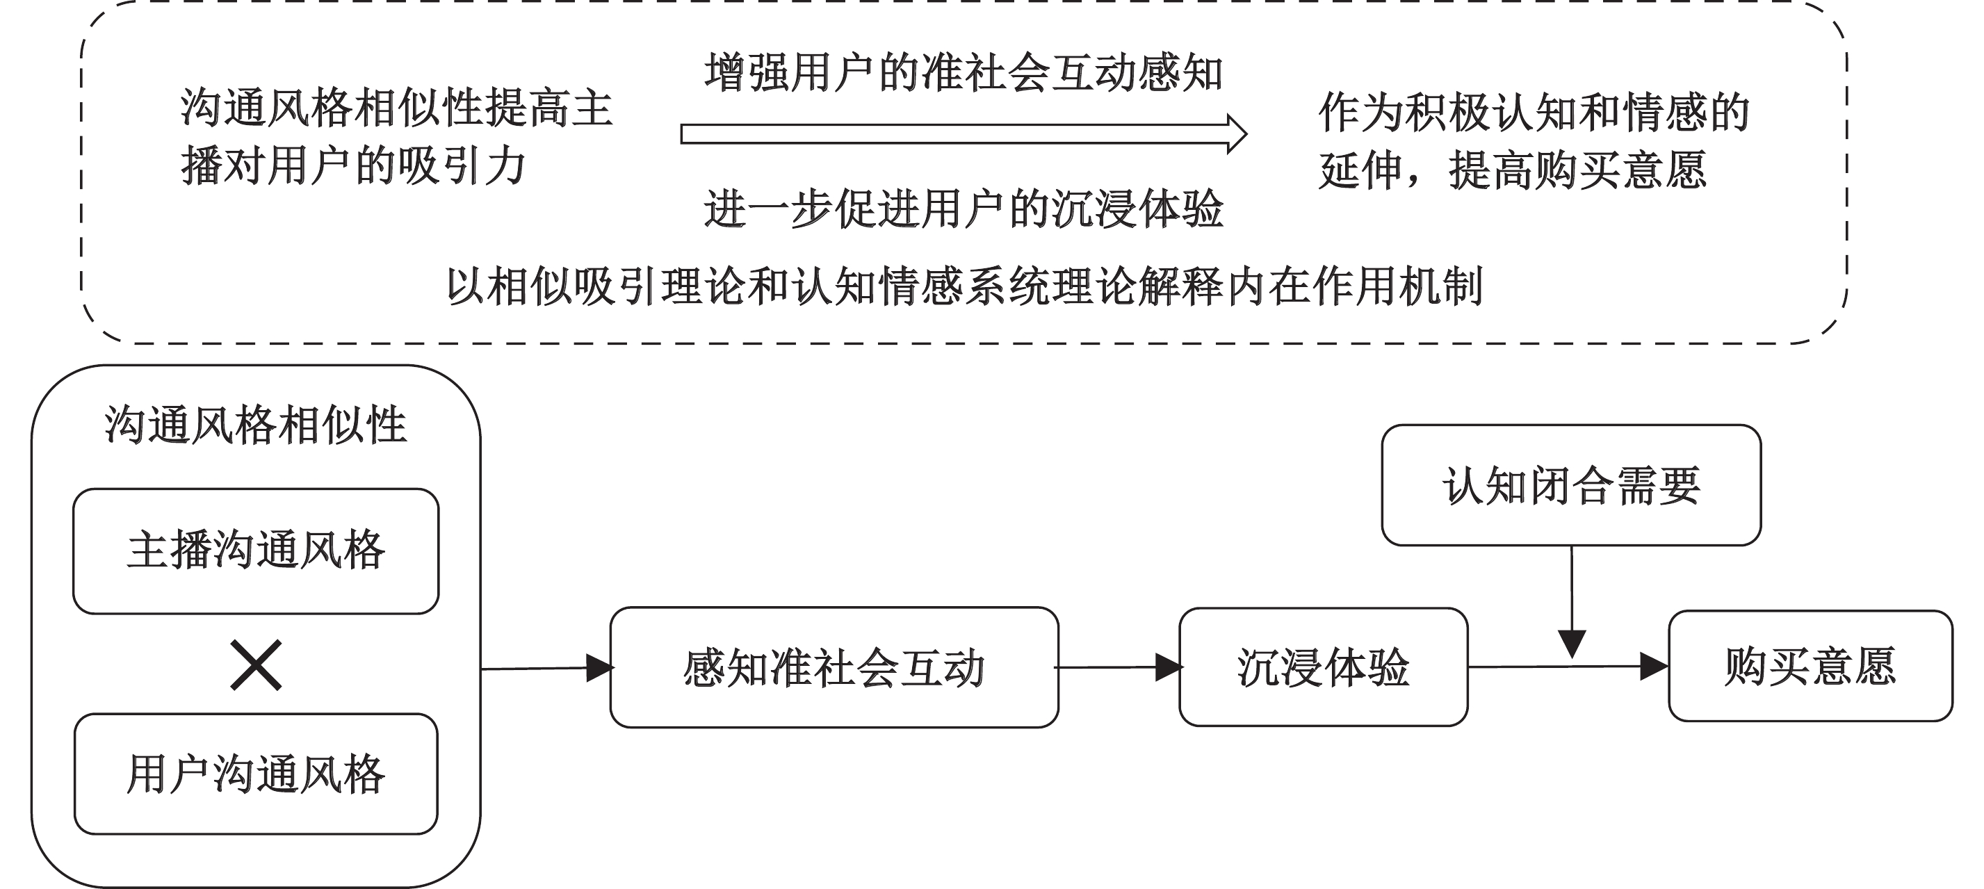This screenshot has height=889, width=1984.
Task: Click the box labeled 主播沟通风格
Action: point(256,550)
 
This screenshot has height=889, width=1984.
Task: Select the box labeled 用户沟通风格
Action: point(256,774)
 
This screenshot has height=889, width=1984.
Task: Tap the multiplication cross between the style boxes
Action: point(256,664)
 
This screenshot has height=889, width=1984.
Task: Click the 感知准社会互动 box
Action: point(834,667)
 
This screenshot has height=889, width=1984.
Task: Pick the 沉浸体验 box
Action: point(1323,667)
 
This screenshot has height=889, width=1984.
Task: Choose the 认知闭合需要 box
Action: point(1571,485)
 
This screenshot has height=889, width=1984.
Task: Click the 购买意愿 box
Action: point(1810,667)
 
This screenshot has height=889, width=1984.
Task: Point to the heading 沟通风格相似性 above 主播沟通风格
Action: point(256,425)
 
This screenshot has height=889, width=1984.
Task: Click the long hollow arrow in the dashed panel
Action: point(963,134)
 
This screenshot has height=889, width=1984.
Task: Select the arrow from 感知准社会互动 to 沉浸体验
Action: point(1119,667)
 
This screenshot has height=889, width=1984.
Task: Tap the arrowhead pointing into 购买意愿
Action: point(1654,667)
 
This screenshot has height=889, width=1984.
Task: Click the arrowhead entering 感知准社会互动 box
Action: point(600,668)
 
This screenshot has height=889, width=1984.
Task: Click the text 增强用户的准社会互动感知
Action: point(963,73)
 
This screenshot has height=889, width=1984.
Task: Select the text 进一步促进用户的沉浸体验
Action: point(963,209)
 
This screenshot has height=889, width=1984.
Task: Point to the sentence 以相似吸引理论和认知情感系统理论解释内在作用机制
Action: point(965,286)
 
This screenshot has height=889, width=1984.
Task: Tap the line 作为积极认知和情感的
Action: point(1534,113)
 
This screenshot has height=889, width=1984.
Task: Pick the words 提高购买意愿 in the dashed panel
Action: point(1577,170)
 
